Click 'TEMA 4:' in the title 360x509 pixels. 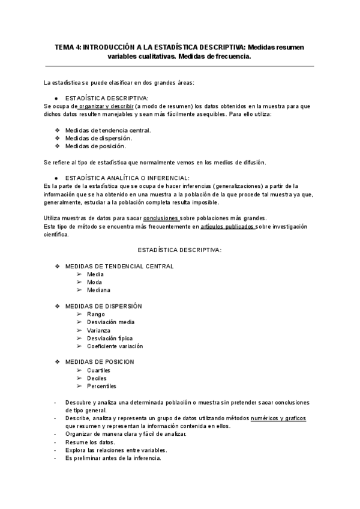tap(67, 47)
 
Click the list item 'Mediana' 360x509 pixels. tap(98, 290)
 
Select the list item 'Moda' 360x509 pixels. tap(94, 282)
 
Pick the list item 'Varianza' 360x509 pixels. tap(98, 330)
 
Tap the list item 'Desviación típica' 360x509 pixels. tap(110, 338)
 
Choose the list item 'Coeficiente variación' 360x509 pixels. tap(115, 346)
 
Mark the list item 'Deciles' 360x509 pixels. tap(97, 378)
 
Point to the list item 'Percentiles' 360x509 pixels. tap(101, 386)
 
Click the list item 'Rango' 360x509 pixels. tap(95, 314)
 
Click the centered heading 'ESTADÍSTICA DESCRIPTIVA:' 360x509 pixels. tap(179, 249)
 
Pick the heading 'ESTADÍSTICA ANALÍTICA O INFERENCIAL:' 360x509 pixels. tap(127, 178)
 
